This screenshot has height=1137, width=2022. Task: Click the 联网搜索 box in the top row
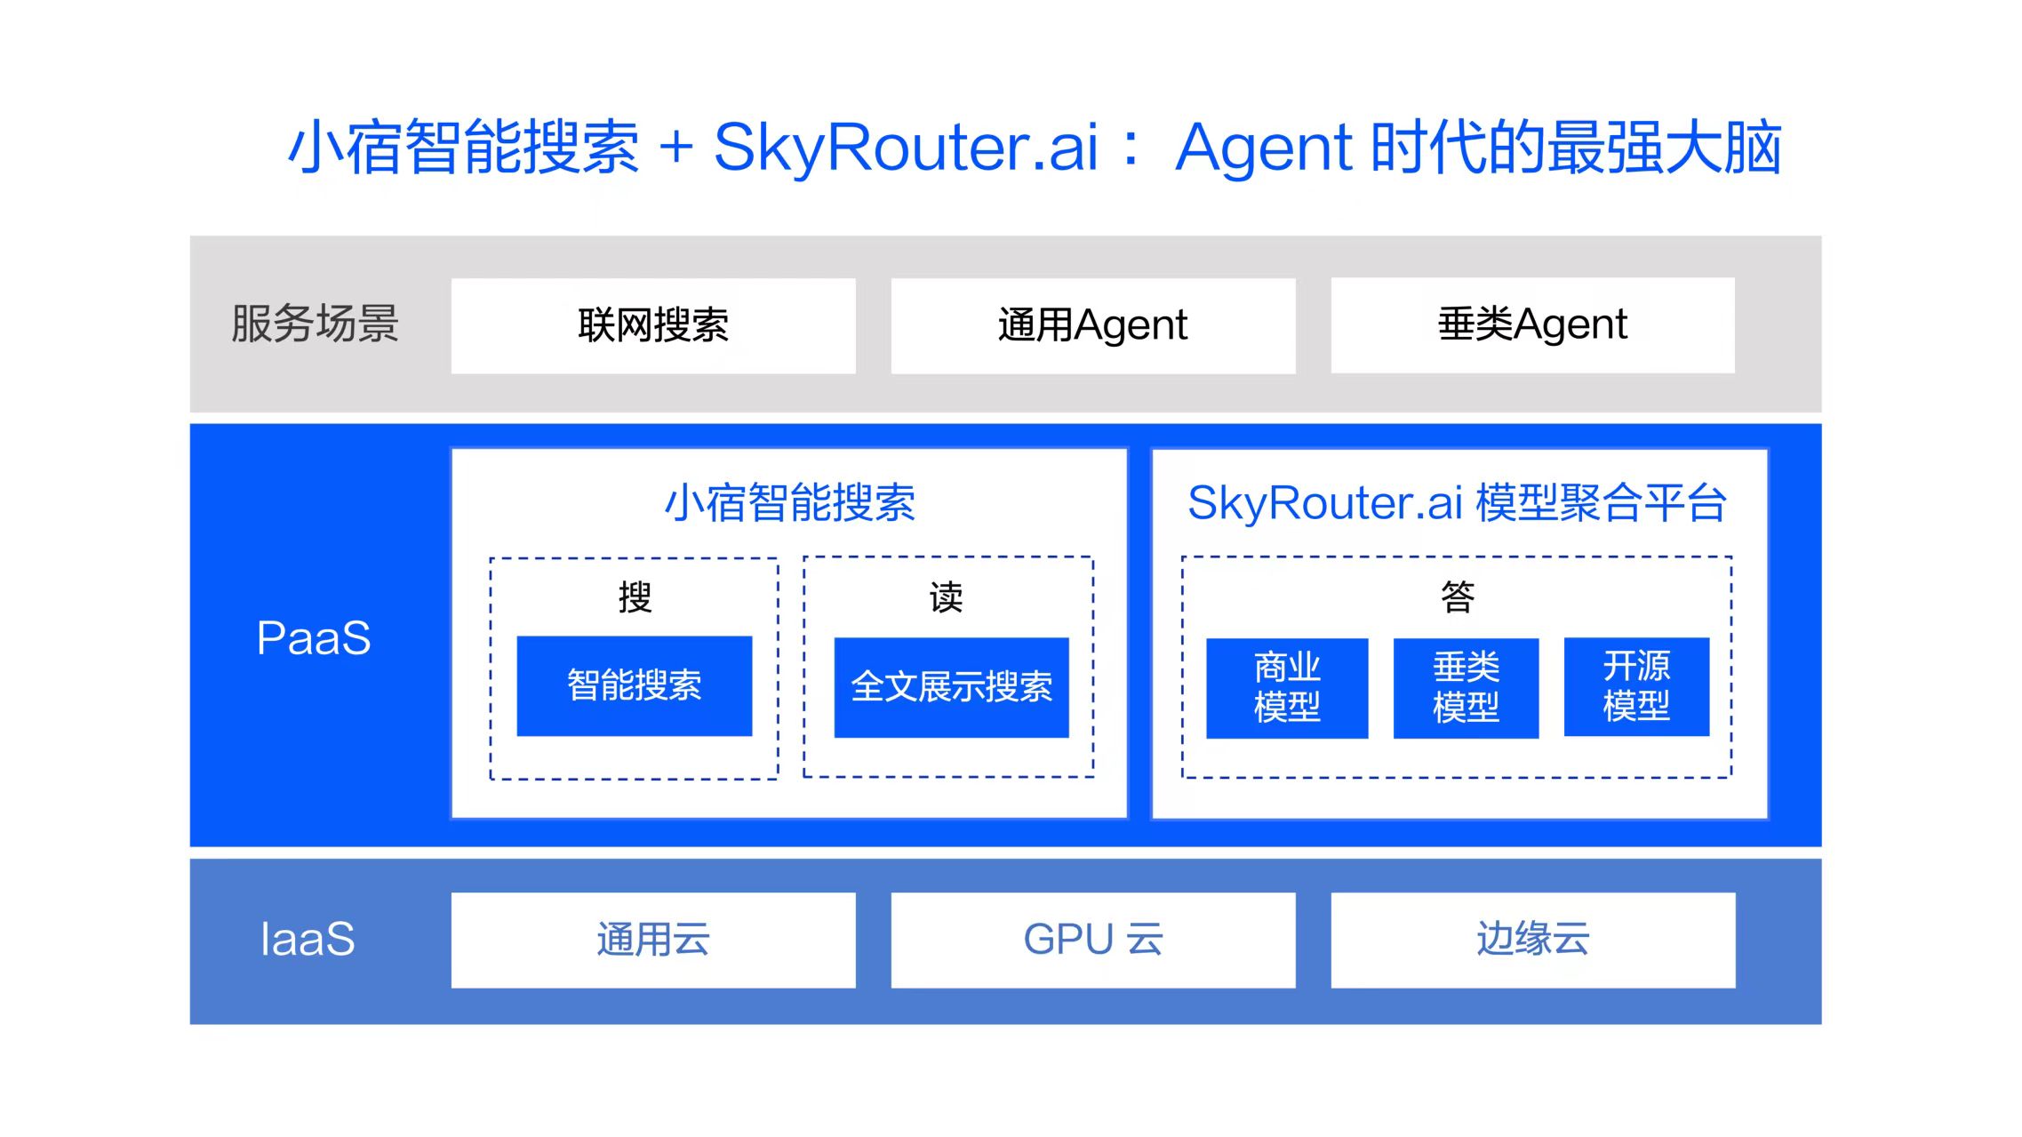click(x=653, y=325)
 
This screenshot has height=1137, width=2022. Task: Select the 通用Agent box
click(x=1093, y=325)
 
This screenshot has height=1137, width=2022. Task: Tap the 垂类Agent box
click(x=1533, y=324)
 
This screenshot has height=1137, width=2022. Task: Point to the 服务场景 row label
click(x=315, y=323)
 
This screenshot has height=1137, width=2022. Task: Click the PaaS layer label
click(x=314, y=637)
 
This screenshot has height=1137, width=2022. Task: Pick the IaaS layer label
click(x=308, y=939)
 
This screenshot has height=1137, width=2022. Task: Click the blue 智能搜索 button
click(x=635, y=685)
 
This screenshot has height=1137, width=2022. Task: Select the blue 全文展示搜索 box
click(x=951, y=687)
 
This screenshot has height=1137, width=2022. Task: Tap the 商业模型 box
click(x=1287, y=688)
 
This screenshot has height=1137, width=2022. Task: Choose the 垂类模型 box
click(x=1466, y=688)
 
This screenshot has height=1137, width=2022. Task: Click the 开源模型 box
click(x=1636, y=686)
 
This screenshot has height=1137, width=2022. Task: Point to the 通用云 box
click(x=653, y=940)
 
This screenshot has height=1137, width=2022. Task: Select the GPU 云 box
click(x=1093, y=940)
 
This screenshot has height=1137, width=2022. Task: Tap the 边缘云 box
click(x=1533, y=940)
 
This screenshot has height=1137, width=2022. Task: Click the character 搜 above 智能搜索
click(x=635, y=597)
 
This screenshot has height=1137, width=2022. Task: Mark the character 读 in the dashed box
click(x=947, y=597)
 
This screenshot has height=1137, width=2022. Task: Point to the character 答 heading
click(x=1458, y=596)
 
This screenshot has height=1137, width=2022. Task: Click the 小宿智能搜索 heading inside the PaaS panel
click(x=790, y=502)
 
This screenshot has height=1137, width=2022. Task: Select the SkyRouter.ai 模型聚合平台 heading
click(x=1458, y=502)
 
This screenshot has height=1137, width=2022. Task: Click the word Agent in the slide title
click(x=1264, y=147)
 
